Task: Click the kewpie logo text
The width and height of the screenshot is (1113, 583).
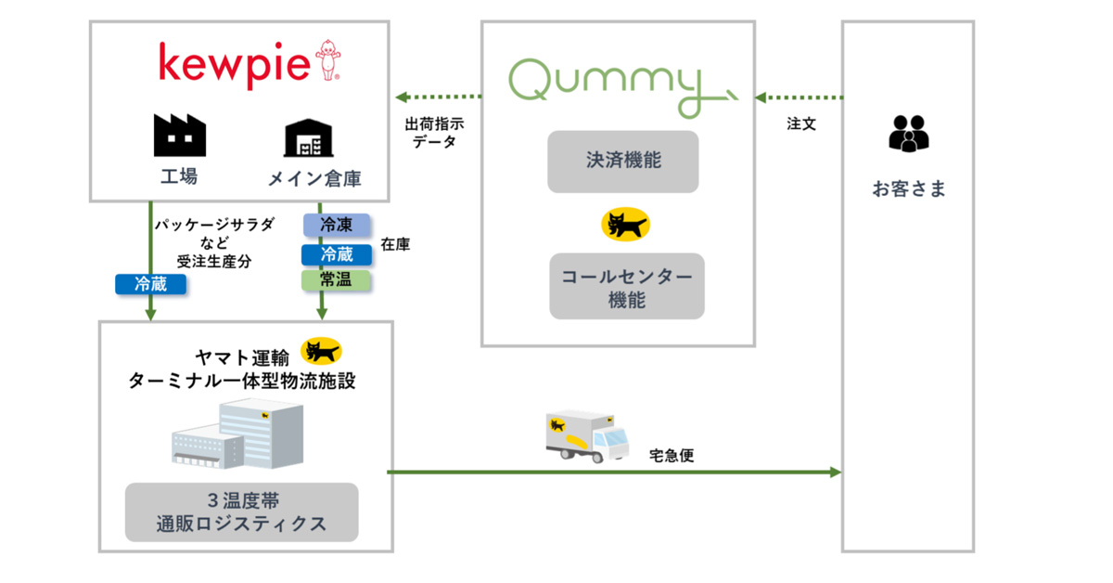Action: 235,64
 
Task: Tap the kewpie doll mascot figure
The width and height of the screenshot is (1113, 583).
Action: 327,60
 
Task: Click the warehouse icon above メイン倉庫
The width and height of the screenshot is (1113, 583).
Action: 308,137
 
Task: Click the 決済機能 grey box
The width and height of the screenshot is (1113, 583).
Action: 622,161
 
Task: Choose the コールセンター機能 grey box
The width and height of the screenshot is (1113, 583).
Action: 626,286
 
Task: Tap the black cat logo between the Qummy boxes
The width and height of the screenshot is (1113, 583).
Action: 626,224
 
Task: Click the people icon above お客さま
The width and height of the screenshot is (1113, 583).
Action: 908,134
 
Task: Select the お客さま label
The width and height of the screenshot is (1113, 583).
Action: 908,189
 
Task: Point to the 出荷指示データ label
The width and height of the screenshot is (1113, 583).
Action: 434,132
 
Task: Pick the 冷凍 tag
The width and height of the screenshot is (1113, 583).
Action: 336,224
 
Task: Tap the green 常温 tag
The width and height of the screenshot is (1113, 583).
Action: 336,279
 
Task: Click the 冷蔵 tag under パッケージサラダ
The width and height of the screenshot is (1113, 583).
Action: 150,284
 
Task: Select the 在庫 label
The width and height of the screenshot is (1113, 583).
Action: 395,245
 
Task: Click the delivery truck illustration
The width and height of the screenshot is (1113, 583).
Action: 587,436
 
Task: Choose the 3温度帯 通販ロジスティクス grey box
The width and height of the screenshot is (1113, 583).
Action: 241,512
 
